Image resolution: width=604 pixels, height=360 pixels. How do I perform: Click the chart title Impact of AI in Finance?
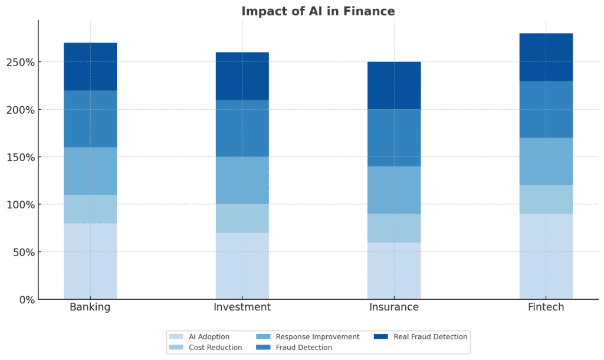click(318, 11)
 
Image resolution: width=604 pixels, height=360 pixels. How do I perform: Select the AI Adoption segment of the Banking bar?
click(90, 261)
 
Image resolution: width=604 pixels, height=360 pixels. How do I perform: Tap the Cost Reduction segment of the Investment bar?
click(242, 218)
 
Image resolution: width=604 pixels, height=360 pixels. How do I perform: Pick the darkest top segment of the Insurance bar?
click(394, 86)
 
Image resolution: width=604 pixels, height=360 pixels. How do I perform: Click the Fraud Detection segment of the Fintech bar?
click(546, 109)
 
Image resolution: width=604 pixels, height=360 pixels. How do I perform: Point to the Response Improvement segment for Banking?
click(90, 171)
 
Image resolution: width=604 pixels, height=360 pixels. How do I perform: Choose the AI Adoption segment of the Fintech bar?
click(546, 256)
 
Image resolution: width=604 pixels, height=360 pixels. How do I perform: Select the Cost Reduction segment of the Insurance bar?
click(394, 228)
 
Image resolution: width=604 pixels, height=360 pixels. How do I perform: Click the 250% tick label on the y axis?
click(20, 63)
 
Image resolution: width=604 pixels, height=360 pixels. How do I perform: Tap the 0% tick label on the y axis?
click(26, 300)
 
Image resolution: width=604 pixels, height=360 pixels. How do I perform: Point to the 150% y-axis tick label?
click(20, 158)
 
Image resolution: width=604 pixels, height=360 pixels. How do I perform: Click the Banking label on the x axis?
click(90, 307)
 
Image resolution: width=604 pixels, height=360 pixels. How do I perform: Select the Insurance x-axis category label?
click(394, 307)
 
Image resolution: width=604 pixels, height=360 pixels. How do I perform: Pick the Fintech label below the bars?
click(546, 307)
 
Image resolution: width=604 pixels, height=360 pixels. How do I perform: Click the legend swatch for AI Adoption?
click(176, 337)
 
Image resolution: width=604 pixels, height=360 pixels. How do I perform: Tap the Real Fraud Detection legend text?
click(430, 337)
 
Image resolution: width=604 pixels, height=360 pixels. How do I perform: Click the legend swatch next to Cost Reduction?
click(176, 348)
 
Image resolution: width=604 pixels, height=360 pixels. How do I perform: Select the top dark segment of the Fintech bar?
click(546, 57)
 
